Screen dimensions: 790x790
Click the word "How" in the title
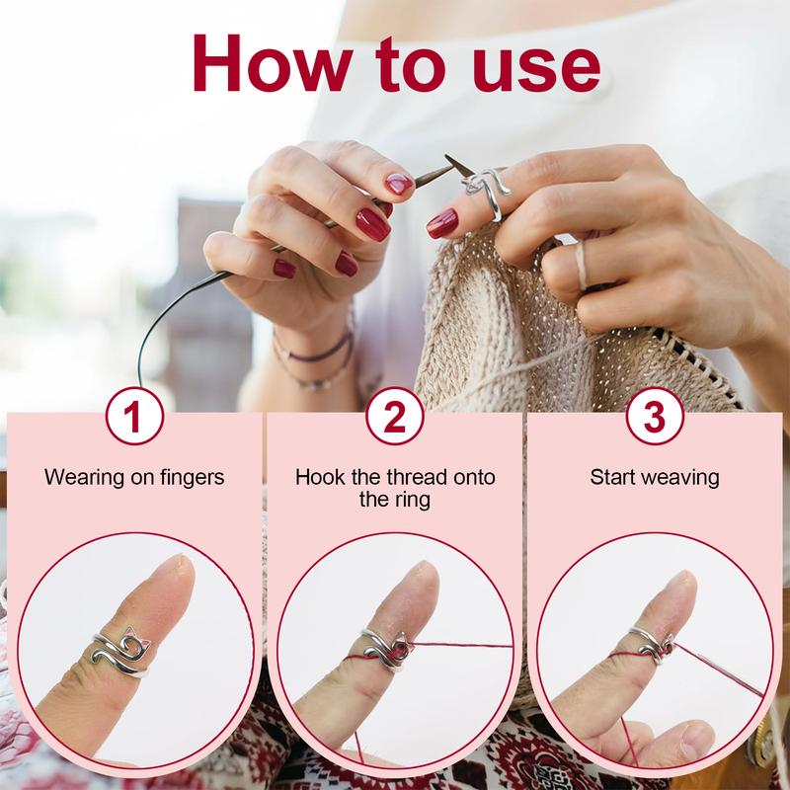click(273, 63)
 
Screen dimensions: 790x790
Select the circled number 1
click(134, 416)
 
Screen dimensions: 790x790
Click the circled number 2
click(395, 416)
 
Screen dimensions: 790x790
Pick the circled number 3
click(655, 416)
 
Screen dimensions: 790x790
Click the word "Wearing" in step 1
click(84, 478)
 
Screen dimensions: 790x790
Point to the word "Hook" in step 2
click(315, 477)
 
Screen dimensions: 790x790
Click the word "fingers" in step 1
click(193, 478)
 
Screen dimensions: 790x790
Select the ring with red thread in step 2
click(387, 650)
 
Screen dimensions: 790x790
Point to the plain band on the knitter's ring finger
click(581, 265)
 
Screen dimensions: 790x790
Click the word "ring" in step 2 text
click(412, 501)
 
